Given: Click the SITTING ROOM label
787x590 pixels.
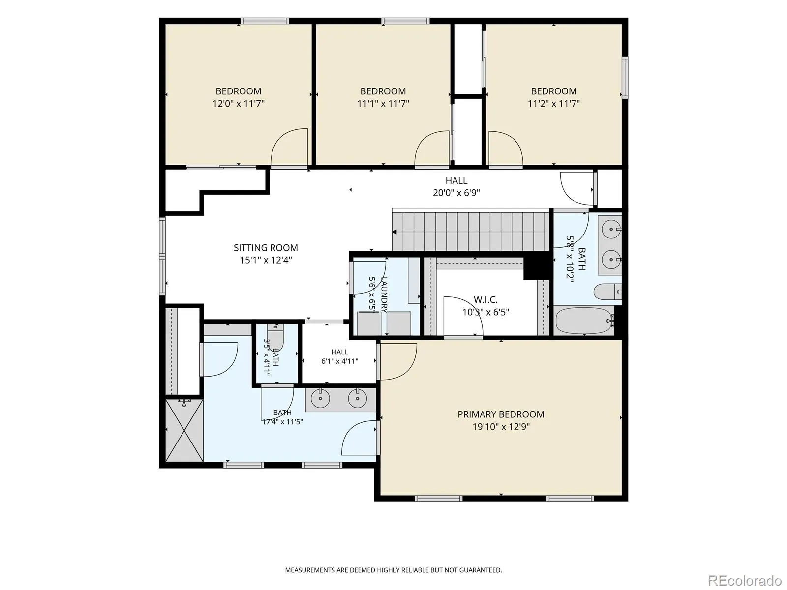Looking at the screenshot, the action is click(266, 247).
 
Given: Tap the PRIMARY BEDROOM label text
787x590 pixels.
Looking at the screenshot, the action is click(501, 414).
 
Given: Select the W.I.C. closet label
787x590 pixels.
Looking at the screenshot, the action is click(485, 299).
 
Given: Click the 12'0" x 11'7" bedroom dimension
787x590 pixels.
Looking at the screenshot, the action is click(239, 104).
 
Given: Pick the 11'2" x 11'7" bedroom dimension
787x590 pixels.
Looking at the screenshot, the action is click(553, 104).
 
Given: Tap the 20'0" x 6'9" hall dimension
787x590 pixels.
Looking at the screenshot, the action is click(456, 193).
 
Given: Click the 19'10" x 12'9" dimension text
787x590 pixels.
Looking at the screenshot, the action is click(501, 427).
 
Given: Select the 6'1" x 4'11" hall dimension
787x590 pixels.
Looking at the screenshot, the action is click(339, 361).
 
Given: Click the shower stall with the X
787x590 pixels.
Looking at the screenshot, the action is click(184, 430).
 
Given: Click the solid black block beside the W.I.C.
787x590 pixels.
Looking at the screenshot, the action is click(536, 266).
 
